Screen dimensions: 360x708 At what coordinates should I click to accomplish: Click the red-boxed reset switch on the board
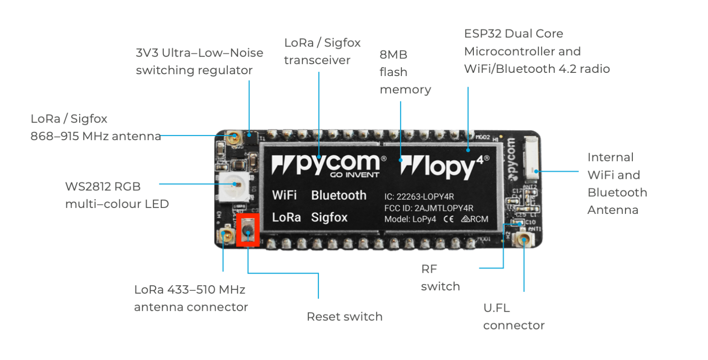tap(248, 230)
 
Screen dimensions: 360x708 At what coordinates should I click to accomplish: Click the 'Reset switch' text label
tap(344, 317)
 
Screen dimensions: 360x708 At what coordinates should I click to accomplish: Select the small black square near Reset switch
tap(301, 307)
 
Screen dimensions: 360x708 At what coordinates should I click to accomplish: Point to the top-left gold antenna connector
tap(234, 137)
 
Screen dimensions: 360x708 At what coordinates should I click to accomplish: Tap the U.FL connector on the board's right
tap(523, 239)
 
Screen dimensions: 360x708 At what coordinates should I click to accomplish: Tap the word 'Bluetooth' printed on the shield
tap(339, 195)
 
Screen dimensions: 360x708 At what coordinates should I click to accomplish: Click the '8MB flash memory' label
tap(405, 72)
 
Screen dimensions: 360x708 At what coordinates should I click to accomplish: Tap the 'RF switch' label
tap(440, 277)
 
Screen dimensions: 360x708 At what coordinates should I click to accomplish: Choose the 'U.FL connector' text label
tap(513, 316)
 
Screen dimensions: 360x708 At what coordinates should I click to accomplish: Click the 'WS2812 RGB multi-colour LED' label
tap(117, 195)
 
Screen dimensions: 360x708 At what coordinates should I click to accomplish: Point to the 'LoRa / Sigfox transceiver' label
tap(322, 51)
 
